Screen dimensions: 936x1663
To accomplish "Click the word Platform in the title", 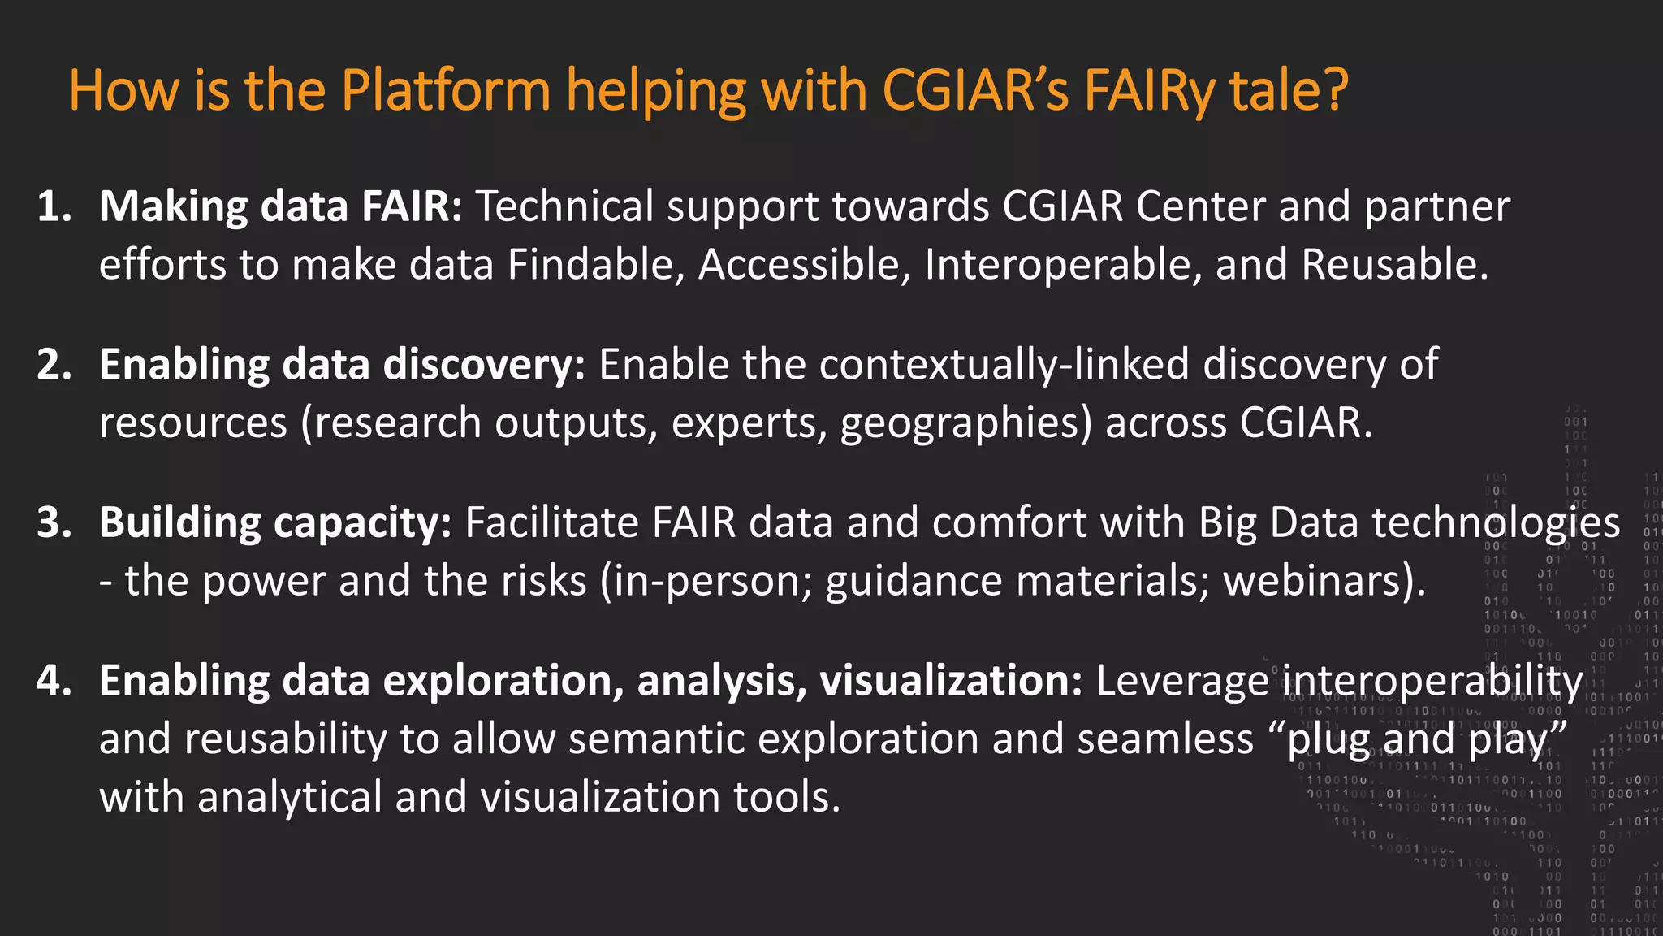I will point(446,89).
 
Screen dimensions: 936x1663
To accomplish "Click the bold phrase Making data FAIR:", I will point(280,206).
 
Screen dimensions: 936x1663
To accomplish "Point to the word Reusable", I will point(1393,265).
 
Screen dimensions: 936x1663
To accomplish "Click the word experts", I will point(748,423).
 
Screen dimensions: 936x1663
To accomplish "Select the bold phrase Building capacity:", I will point(274,522).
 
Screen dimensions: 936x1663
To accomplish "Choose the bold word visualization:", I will point(950,681).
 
